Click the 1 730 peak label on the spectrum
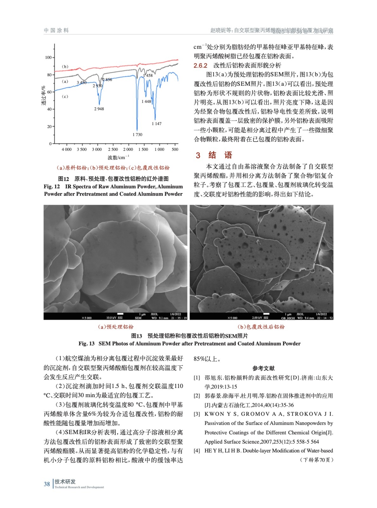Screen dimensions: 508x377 [137, 135]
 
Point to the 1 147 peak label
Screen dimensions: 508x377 [156, 124]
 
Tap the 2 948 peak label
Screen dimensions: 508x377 [99, 109]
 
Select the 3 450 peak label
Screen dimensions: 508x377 [81, 83]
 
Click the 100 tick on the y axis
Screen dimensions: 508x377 [48, 57]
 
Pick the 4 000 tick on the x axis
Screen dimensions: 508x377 [66, 150]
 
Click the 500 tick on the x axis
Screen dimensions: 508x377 [175, 150]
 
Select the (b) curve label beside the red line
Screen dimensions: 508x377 [65, 67]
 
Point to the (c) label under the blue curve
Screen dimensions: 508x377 [65, 97]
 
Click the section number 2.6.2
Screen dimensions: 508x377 [200, 66]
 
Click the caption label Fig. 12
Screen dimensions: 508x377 [52, 187]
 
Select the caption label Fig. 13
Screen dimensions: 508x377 [86, 344]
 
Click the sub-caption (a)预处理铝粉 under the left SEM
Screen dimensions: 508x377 [116, 327]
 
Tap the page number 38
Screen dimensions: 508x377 [47, 484]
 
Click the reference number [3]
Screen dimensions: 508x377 [197, 414]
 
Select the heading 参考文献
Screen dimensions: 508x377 [263, 368]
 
